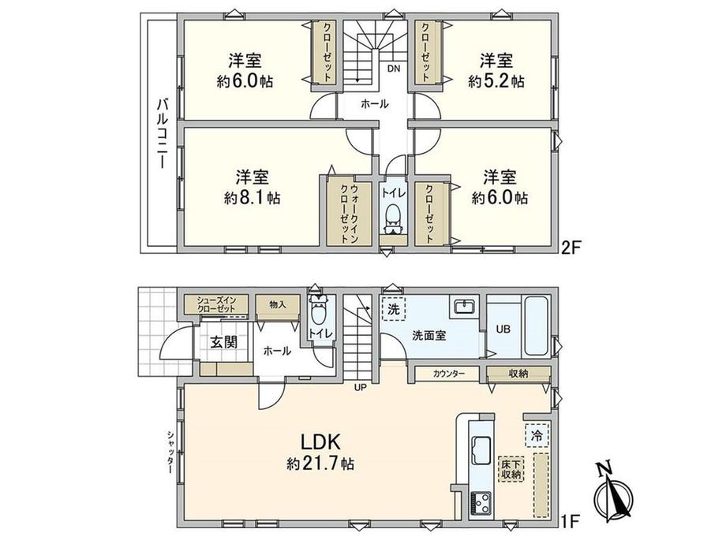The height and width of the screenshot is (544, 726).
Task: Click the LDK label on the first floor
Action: (x=321, y=442)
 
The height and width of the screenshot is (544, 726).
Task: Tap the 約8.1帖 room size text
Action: (x=253, y=199)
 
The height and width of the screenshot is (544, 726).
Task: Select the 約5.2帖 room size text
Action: (x=496, y=82)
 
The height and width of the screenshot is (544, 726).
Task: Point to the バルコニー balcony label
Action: (x=162, y=134)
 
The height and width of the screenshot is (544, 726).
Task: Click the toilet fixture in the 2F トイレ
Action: (x=393, y=219)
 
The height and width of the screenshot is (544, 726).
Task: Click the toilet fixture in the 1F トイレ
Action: (x=318, y=311)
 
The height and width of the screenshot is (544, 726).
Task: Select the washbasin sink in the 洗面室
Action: (x=463, y=306)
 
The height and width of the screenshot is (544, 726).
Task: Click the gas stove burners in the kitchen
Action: (x=481, y=503)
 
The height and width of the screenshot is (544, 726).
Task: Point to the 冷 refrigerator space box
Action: (x=537, y=435)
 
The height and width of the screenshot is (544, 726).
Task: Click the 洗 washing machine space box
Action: (x=394, y=308)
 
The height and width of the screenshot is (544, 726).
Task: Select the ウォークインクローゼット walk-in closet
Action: (x=349, y=213)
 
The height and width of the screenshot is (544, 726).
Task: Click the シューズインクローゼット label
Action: (x=216, y=304)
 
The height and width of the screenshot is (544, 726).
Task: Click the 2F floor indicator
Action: (x=570, y=248)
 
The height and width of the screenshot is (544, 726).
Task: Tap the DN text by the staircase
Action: (x=394, y=69)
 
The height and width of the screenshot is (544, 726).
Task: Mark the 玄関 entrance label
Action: (x=224, y=342)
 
